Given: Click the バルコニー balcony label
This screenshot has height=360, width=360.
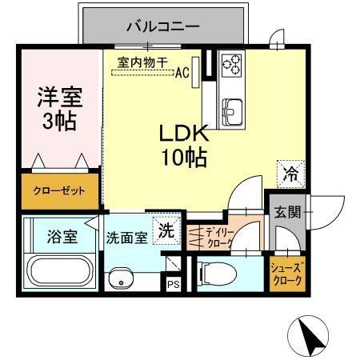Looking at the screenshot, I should click(x=162, y=26).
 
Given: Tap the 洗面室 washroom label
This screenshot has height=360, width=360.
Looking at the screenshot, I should click(x=126, y=238).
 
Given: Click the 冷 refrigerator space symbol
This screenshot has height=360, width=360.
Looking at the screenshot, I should click(x=291, y=171).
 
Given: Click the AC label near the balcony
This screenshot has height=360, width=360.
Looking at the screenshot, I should click(x=182, y=73).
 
